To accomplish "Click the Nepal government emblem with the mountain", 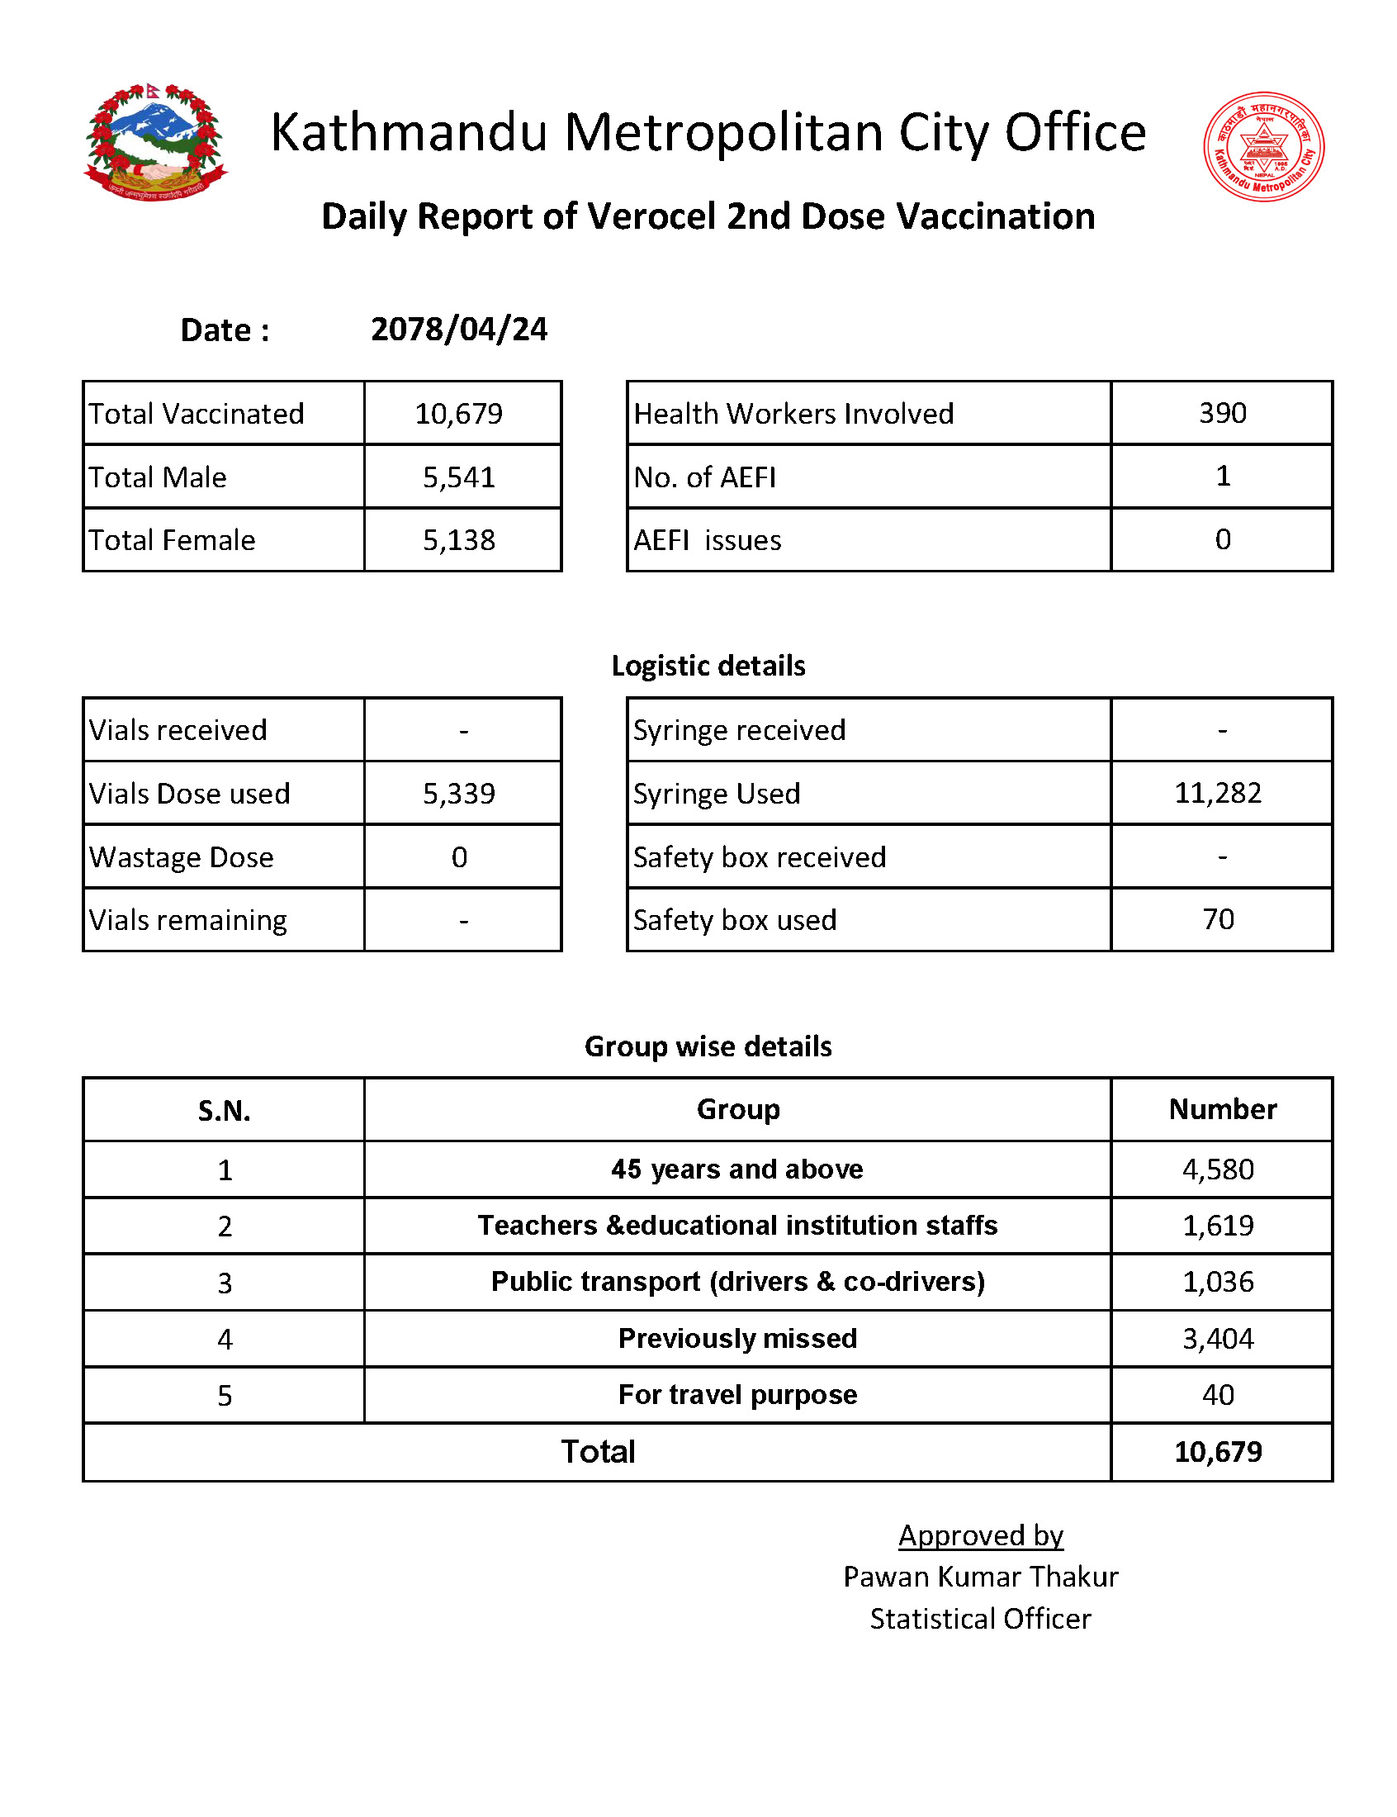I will [155, 142].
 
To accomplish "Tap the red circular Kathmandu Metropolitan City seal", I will [1263, 146].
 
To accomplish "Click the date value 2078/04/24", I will [459, 330].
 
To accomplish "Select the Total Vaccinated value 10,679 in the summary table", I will [459, 413].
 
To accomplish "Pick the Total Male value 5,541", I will [459, 477].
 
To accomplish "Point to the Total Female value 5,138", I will [459, 540].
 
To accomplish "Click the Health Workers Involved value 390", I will [1221, 413].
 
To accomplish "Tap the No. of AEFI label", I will [704, 477].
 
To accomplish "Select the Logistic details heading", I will [708, 666].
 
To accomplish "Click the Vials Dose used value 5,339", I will [459, 794].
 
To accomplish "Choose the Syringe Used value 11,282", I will [1217, 794].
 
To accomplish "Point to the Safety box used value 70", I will [1218, 920].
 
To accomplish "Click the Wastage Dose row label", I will [182, 857].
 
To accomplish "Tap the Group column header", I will [737, 1109].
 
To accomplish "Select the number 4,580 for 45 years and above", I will [1217, 1170].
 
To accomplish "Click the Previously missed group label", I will [737, 1339].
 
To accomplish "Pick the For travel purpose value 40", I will [1217, 1396].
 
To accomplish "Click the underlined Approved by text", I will [980, 1536].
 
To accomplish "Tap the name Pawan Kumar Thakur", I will [980, 1577].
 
